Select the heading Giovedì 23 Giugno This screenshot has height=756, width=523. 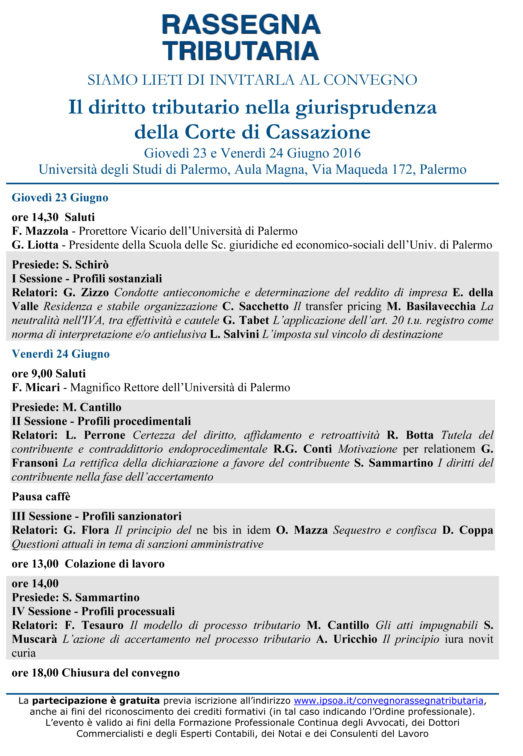(x=60, y=198)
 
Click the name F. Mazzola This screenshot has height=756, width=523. (x=40, y=231)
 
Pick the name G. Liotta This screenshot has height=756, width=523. (x=35, y=245)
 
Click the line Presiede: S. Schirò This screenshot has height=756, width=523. (x=60, y=265)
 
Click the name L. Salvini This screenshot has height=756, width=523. (x=234, y=334)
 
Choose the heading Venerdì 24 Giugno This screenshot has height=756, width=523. (x=61, y=354)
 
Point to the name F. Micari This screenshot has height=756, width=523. (x=36, y=387)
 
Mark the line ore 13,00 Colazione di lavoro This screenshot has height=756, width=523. (x=88, y=564)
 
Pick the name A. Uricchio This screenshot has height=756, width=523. (x=346, y=639)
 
